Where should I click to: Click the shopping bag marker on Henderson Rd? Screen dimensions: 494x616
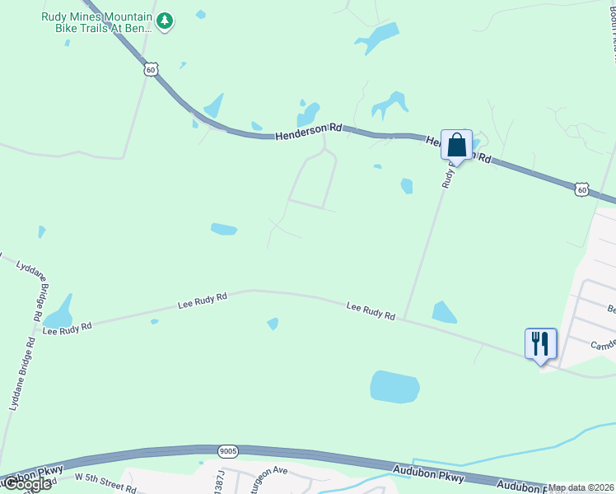(456, 146)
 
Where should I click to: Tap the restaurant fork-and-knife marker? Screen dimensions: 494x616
(540, 343)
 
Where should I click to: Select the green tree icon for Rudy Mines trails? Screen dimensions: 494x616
(166, 21)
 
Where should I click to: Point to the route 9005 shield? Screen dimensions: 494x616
(228, 451)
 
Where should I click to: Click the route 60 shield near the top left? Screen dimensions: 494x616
(150, 70)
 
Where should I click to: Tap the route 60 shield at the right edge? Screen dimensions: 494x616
(582, 190)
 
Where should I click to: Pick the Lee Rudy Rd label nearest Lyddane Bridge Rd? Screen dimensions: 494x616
(67, 328)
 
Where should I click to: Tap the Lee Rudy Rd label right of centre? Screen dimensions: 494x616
(371, 310)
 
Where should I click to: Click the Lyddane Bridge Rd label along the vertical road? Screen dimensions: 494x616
(21, 375)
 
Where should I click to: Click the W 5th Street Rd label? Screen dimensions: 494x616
(105, 481)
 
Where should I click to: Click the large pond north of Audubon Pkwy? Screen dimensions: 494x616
(394, 387)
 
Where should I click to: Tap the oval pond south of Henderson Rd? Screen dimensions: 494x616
(224, 229)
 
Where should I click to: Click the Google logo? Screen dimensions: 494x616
(26, 484)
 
